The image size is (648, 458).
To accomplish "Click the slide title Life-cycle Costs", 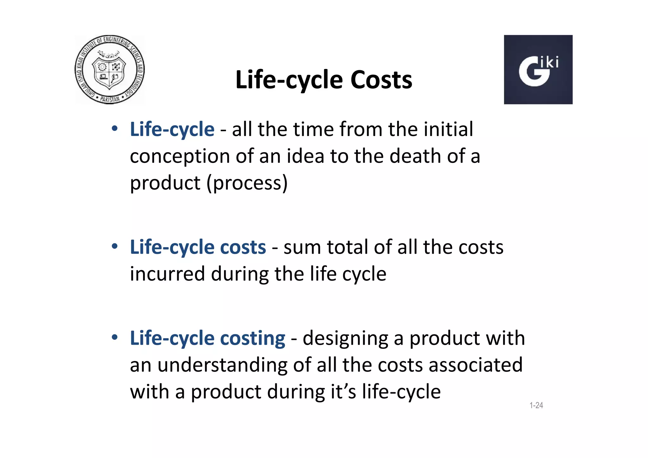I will click(324, 80).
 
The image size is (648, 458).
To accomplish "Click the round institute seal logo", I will click(109, 69).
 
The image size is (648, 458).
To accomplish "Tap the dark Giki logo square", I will click(538, 70).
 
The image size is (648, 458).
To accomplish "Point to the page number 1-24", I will click(536, 405).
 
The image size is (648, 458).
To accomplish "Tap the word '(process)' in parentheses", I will click(247, 183).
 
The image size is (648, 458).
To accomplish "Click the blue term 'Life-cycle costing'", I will click(208, 338).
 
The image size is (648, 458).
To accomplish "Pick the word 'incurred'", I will click(167, 274).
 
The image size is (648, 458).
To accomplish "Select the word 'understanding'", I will click(222, 365).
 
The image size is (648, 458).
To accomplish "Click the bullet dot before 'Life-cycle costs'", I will click(115, 246).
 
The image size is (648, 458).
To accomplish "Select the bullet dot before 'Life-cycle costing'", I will click(115, 337).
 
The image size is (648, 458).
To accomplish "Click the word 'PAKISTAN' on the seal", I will click(110, 99).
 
